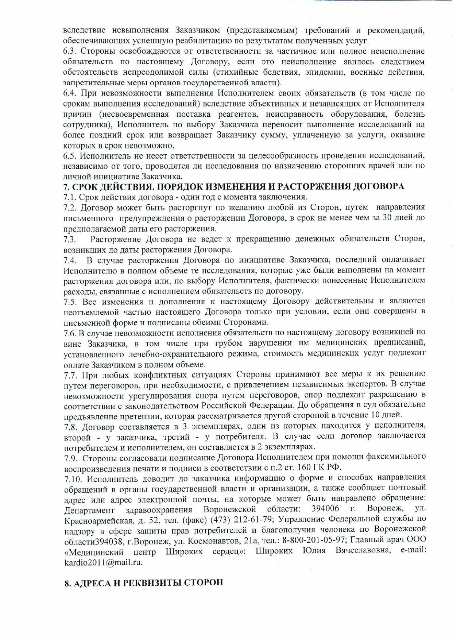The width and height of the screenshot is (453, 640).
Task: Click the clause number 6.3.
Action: pyautogui.click(x=70, y=51)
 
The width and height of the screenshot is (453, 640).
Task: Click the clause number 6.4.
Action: pyautogui.click(x=70, y=93)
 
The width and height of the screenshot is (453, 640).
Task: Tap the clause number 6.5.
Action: pyautogui.click(x=70, y=156)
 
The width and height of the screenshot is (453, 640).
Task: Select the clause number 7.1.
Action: pyautogui.click(x=69, y=197)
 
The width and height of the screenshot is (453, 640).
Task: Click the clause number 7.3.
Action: pyautogui.click(x=69, y=240)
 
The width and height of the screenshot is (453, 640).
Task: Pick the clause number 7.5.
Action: pyautogui.click(x=70, y=302)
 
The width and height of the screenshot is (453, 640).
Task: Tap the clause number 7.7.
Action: pyautogui.click(x=70, y=375)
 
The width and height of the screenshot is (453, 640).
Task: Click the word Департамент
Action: pyautogui.click(x=90, y=509)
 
